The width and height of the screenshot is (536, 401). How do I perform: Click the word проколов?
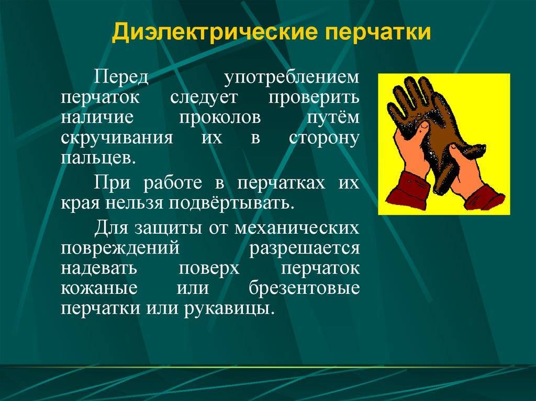click(x=220, y=118)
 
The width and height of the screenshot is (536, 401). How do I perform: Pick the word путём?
click(x=333, y=117)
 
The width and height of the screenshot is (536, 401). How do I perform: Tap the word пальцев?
click(x=98, y=158)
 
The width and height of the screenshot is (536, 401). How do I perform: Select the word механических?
click(x=297, y=228)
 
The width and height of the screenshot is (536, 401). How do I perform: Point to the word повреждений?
click(x=120, y=249)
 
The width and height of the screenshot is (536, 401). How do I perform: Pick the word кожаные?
click(x=99, y=289)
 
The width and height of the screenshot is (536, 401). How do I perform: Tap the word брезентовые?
click(x=304, y=288)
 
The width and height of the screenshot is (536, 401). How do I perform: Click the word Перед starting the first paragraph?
click(x=121, y=78)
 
